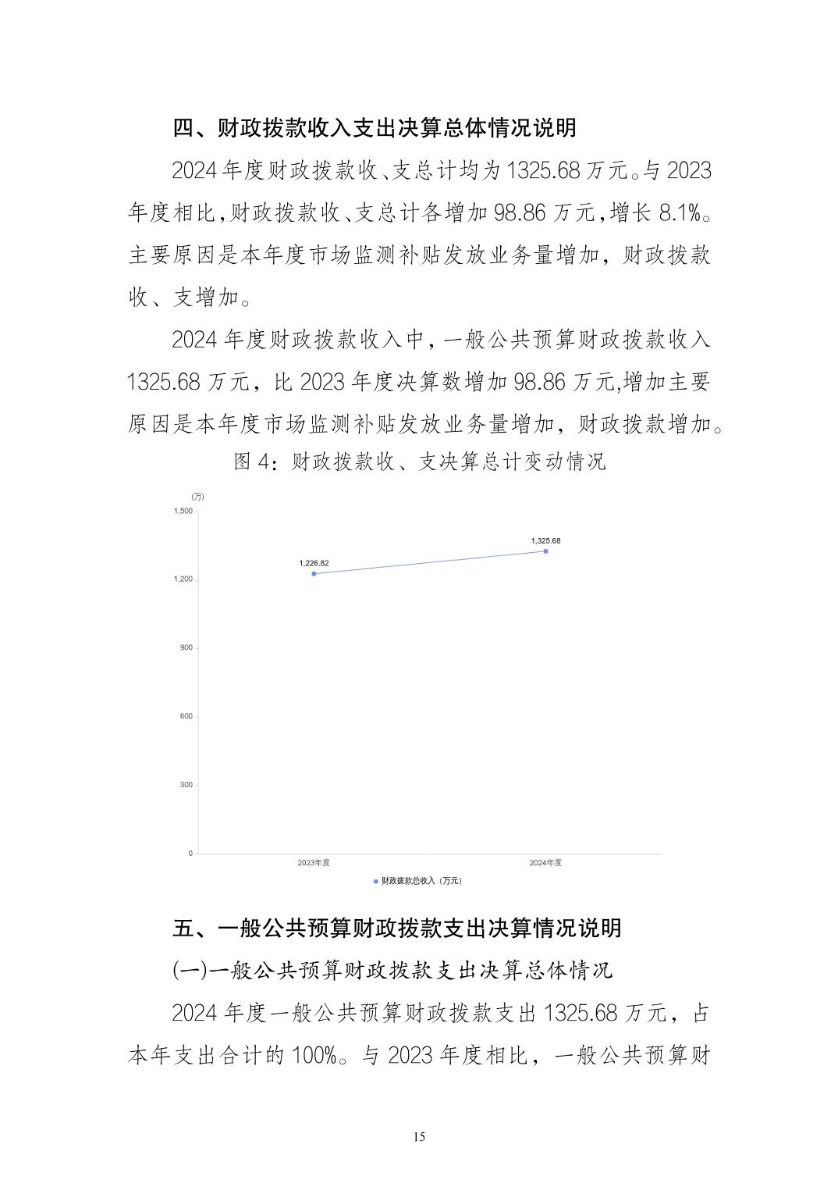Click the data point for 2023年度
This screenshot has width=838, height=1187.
314,574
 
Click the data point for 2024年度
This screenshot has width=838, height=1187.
545,551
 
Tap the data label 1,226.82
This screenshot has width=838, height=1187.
314,563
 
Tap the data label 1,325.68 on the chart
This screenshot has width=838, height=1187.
545,540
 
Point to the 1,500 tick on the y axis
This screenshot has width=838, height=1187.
183,511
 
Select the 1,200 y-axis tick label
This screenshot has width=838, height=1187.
183,579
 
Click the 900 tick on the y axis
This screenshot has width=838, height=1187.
186,647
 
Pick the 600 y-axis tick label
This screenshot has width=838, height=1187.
186,716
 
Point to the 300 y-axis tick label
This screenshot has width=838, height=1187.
186,785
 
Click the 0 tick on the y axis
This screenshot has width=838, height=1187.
190,854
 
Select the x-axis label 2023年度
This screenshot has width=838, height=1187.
314,863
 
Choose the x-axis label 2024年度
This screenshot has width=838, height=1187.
545,863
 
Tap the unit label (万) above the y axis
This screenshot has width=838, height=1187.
197,497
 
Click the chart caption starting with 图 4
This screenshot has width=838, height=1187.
420,462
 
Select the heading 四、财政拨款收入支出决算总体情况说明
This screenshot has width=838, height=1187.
375,127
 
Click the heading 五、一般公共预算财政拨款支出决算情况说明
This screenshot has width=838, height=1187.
397,928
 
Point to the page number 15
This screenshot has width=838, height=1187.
419,1137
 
